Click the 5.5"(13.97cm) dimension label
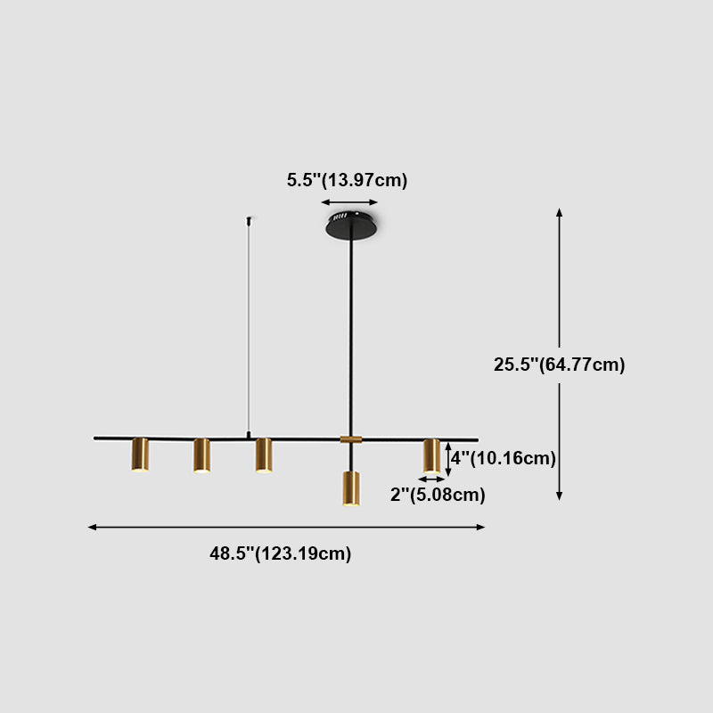[x=347, y=180]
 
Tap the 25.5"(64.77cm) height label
[x=560, y=365]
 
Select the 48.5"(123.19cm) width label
[x=281, y=553]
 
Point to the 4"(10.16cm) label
[x=504, y=458]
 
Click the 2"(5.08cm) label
[x=438, y=496]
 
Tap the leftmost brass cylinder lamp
[x=140, y=455]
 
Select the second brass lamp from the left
[x=201, y=455]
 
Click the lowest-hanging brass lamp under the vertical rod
[x=351, y=488]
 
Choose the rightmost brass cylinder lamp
[x=431, y=455]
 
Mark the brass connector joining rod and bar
[x=351, y=439]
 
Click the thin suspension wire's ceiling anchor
[x=249, y=219]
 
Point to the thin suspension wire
[x=249, y=330]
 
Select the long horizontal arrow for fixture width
[x=286, y=528]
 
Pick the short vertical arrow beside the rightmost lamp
[x=448, y=457]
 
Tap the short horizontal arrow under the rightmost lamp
[x=431, y=479]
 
